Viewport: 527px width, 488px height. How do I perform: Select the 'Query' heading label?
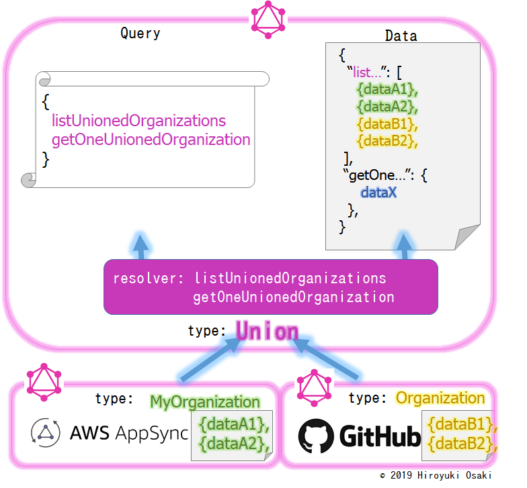(140, 34)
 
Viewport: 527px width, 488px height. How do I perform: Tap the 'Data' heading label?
(401, 36)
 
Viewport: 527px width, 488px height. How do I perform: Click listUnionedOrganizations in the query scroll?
(138, 121)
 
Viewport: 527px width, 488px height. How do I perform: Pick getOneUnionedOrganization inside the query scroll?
(151, 140)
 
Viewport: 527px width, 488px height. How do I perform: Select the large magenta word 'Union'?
(267, 331)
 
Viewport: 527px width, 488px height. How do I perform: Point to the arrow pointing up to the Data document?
(403, 246)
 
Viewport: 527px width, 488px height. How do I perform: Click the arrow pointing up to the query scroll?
(140, 246)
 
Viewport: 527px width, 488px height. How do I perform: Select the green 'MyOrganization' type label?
(204, 402)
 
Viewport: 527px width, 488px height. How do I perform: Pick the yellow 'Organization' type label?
(440, 398)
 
